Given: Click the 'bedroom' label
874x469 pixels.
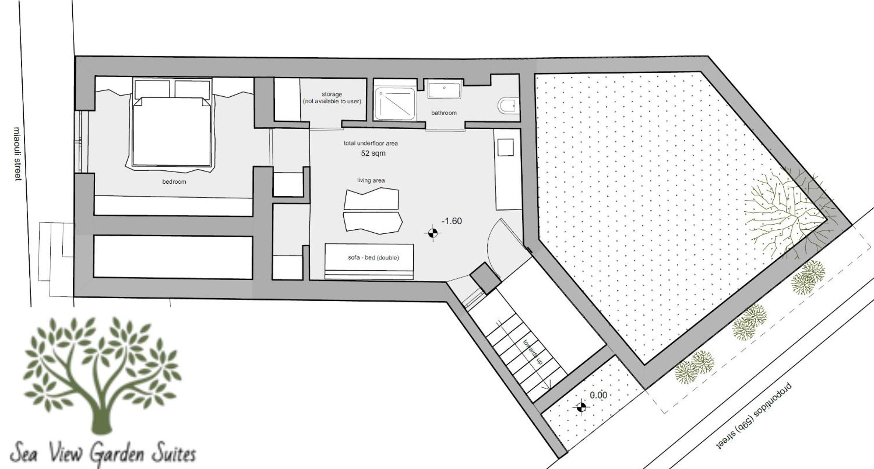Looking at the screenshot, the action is point(174,182).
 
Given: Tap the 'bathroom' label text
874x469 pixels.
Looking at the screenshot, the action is point(444,113).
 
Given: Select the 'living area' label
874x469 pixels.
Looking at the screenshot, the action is point(371,180).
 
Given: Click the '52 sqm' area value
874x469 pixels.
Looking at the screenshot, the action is point(373,153).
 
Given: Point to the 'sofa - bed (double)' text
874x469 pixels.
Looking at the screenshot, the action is point(373,257).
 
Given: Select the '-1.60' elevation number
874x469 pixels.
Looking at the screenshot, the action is point(451,221).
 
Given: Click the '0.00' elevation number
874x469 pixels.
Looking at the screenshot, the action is point(598,395).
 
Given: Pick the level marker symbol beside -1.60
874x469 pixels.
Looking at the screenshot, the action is point(433,233).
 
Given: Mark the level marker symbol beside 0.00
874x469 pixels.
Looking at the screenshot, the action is point(581,406).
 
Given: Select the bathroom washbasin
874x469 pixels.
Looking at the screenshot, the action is point(444,89).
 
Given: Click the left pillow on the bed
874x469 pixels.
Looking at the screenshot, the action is point(152,90).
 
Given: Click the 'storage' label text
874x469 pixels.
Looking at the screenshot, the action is point(332,94).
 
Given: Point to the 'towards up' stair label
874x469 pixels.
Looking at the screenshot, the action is point(533,352).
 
